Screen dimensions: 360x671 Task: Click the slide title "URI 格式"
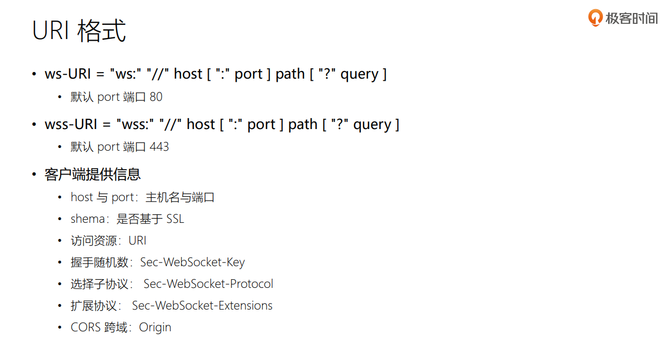[x=79, y=31]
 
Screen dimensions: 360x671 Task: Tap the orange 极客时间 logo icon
[x=595, y=18]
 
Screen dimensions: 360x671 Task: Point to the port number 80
[x=156, y=97]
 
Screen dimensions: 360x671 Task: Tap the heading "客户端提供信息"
[x=93, y=174]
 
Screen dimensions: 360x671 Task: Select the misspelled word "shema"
[x=87, y=219]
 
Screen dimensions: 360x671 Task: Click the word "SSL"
[x=175, y=219]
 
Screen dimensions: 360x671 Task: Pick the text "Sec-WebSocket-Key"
[x=192, y=262]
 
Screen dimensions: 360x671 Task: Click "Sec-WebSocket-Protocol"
[x=208, y=284]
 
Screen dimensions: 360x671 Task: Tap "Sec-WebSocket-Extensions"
[x=202, y=306]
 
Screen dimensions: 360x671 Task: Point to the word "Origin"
[x=155, y=327]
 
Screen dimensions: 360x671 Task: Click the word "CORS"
[x=86, y=327]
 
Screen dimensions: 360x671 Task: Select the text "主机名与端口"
[x=180, y=197]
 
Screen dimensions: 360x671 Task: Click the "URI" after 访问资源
[x=137, y=241]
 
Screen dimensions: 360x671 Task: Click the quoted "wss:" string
[x=133, y=124]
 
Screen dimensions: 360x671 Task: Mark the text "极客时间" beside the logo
[x=631, y=18]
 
